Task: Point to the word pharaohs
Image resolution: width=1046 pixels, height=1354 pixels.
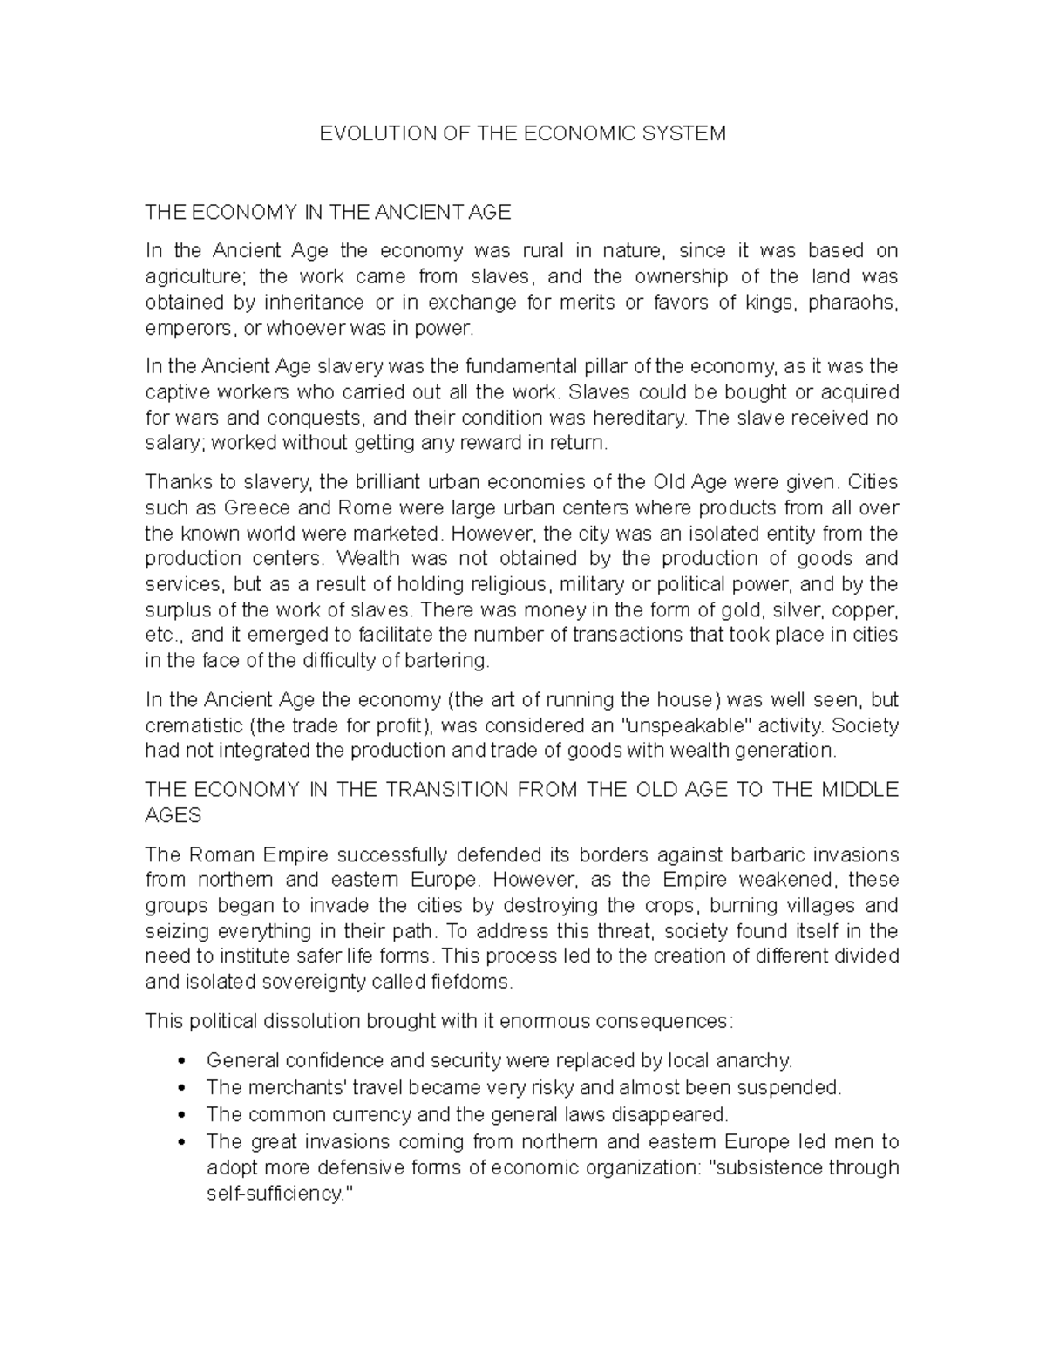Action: [x=852, y=303]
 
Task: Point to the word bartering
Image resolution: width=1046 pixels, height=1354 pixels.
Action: [x=448, y=661]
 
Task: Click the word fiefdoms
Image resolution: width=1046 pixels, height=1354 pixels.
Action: [x=469, y=982]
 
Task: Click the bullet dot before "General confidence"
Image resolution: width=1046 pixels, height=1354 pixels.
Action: [x=180, y=1061]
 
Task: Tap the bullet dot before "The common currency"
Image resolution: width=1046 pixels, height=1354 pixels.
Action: [x=180, y=1115]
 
